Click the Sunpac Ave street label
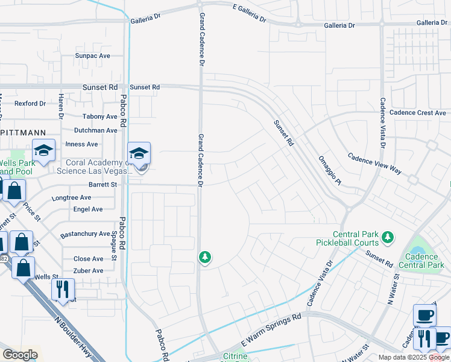point(92,56)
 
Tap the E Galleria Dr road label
point(249,12)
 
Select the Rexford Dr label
point(30,103)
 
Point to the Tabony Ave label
point(99,116)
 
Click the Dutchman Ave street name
point(95,130)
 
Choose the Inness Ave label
point(81,144)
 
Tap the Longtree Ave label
point(71,197)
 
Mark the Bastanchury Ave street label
point(85,233)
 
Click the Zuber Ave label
point(88,271)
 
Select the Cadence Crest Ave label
point(417,113)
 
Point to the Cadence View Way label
point(374,163)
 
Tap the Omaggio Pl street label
point(330,171)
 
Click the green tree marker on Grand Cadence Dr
point(205,258)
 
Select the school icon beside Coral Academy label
point(139,154)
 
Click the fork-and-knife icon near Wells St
point(62,288)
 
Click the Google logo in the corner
point(20,355)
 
